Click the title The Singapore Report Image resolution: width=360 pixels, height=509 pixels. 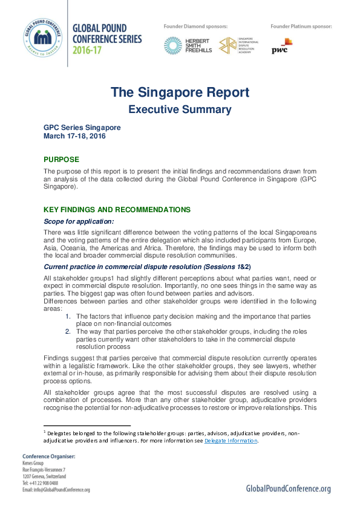tap(179, 92)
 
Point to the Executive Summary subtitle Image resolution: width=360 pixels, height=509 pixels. tap(179, 109)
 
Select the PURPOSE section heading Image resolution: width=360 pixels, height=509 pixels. tap(61, 160)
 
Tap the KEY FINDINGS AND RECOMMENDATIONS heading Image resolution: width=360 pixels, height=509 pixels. tap(117, 210)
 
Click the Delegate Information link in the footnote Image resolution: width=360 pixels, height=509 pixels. tap(231, 441)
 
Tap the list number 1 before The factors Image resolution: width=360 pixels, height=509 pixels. tap(68, 316)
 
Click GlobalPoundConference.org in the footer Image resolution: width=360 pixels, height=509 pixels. tap(288, 488)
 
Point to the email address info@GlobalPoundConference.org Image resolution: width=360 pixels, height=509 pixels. tap(56, 490)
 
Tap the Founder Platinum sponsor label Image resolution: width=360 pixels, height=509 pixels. tap(301, 27)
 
